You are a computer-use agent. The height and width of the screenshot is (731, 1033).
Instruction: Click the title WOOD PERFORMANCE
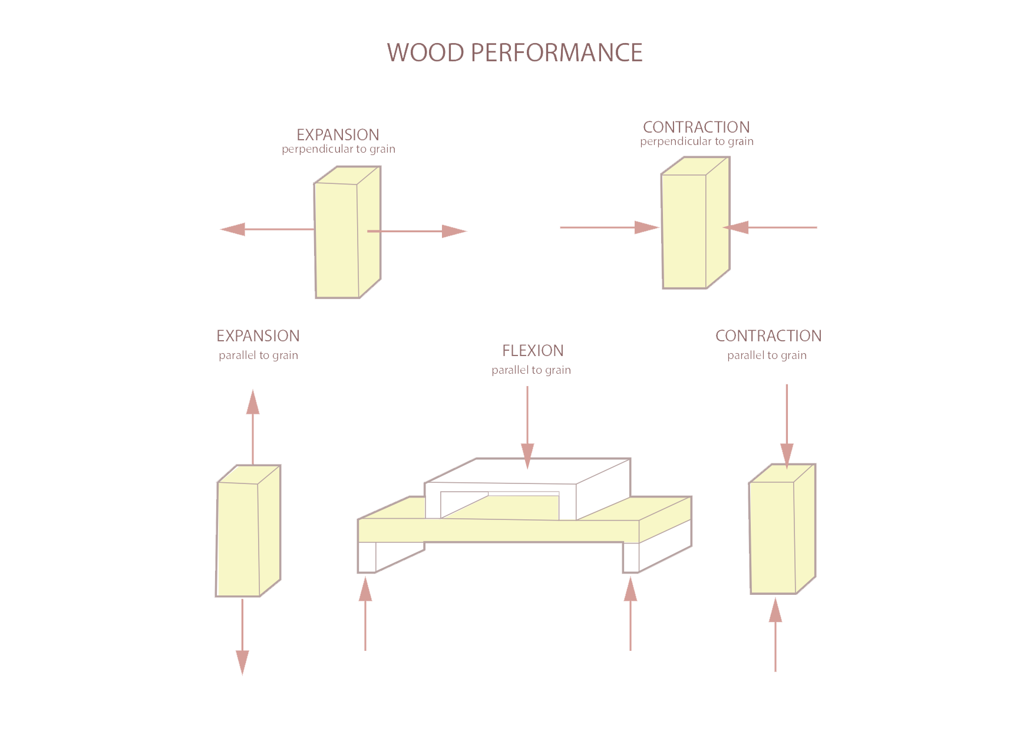tap(514, 52)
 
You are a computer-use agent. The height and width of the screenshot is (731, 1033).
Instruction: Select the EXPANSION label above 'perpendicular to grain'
tap(338, 134)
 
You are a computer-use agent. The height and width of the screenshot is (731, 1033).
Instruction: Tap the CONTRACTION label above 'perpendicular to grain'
tap(696, 127)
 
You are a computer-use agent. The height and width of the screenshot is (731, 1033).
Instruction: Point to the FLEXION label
tap(533, 351)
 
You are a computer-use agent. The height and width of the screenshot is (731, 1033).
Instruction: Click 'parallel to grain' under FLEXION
tap(531, 370)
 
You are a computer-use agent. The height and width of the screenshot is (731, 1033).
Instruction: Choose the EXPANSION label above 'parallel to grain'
tap(258, 336)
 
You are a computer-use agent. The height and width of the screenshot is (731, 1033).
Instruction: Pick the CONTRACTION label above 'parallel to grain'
tap(768, 336)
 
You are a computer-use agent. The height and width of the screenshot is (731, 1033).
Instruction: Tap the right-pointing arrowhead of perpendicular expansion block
tap(454, 231)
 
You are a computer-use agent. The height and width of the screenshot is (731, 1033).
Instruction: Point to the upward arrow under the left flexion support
tap(365, 613)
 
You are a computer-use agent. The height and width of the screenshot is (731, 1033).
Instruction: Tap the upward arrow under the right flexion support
tap(631, 613)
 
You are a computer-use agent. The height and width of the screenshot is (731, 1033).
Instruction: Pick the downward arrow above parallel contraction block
tap(787, 424)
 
